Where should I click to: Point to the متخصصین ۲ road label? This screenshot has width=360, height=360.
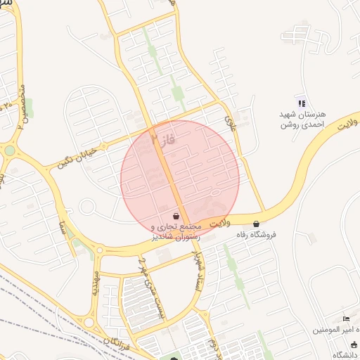[23, 106]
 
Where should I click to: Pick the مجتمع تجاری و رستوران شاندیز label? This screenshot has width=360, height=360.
[176, 231]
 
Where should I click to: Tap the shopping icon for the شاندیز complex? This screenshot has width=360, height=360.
[176, 217]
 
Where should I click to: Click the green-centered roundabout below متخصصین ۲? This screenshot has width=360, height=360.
[9, 150]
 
